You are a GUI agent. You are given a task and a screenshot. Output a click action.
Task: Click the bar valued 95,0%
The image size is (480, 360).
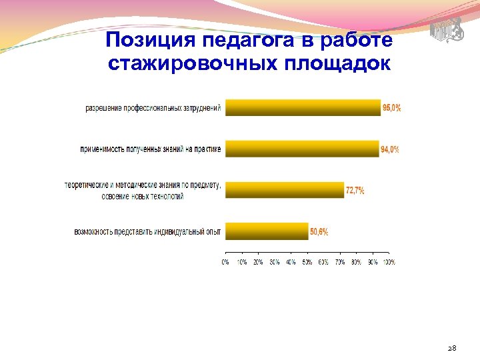pyautogui.click(x=303, y=107)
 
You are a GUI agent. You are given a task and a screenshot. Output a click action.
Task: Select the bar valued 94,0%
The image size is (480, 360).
pyautogui.click(x=301, y=149)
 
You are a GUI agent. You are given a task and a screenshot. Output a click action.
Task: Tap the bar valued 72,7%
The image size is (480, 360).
pyautogui.click(x=285, y=190)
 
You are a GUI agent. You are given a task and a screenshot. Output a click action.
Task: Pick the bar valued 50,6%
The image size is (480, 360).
pyautogui.click(x=267, y=231)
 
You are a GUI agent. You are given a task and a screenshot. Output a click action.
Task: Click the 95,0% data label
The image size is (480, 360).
pyautogui.click(x=392, y=108)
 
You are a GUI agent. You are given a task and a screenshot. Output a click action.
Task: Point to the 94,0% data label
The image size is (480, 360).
pyautogui.click(x=390, y=149)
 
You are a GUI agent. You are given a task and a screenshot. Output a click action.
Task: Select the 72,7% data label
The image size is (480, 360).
pyautogui.click(x=355, y=191)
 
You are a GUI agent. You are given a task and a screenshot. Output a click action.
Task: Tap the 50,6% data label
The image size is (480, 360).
pyautogui.click(x=319, y=232)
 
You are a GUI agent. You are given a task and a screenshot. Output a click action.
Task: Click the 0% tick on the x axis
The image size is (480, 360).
pyautogui.click(x=225, y=262)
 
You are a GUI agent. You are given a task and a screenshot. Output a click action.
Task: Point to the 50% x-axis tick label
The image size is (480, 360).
pyautogui.click(x=307, y=262)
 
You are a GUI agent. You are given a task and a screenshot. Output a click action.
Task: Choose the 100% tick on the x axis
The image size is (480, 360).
pyautogui.click(x=388, y=262)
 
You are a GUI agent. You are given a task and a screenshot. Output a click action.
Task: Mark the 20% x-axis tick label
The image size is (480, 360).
pyautogui.click(x=258, y=262)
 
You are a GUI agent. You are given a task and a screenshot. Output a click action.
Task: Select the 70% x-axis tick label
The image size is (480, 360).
pyautogui.click(x=339, y=262)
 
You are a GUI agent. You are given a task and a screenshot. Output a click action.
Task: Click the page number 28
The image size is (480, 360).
pyautogui.click(x=451, y=348)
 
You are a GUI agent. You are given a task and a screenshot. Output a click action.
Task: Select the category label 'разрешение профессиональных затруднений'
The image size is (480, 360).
pyautogui.click(x=153, y=108)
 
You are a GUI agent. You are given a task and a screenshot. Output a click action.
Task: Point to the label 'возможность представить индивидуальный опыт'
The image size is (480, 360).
pyautogui.click(x=147, y=232)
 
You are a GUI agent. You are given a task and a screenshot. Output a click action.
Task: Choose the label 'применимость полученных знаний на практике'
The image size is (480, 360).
pyautogui.click(x=149, y=149)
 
